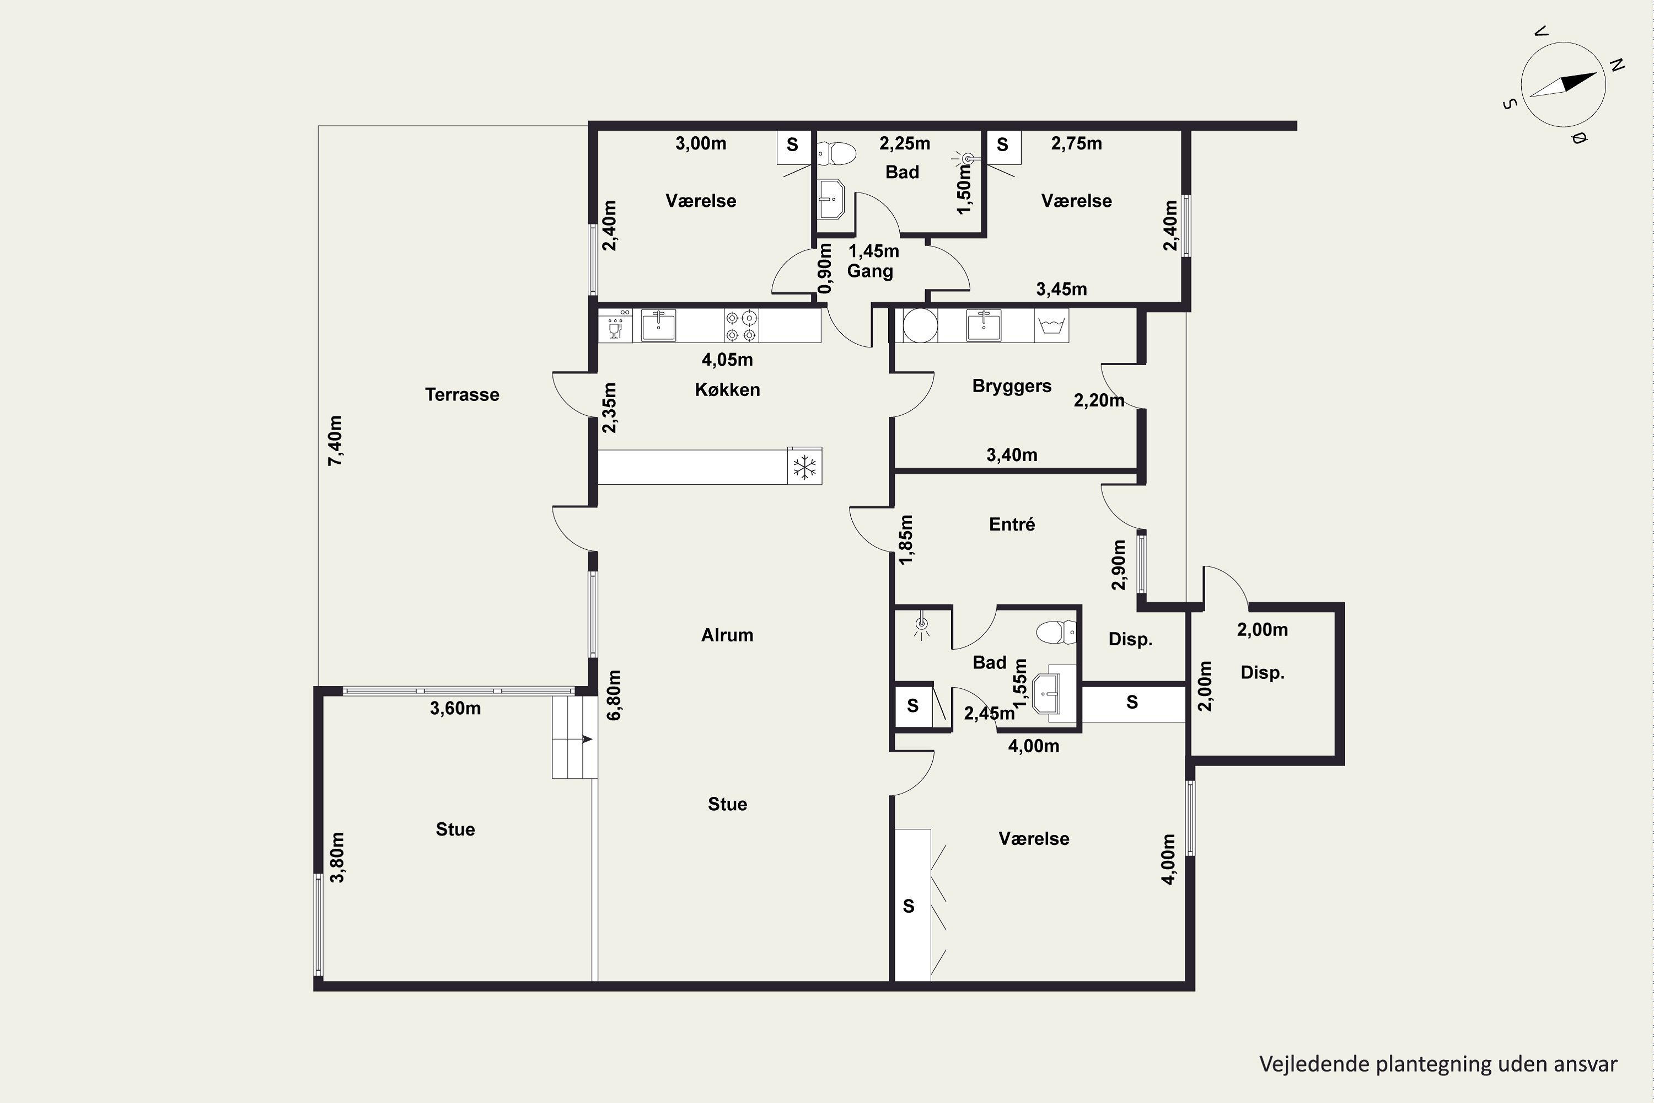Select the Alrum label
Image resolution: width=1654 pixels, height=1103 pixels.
727,635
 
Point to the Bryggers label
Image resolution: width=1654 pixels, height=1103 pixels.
1012,386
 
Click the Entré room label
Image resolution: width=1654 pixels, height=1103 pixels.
1012,524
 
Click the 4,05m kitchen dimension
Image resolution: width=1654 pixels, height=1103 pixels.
727,360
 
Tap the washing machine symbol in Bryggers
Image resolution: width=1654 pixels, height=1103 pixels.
1051,326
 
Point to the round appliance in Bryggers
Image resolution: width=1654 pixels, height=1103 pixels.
920,326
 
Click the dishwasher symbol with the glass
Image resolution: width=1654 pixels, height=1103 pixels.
615,326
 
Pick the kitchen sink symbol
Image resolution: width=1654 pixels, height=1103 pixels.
658,326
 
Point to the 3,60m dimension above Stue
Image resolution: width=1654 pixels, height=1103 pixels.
456,708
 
